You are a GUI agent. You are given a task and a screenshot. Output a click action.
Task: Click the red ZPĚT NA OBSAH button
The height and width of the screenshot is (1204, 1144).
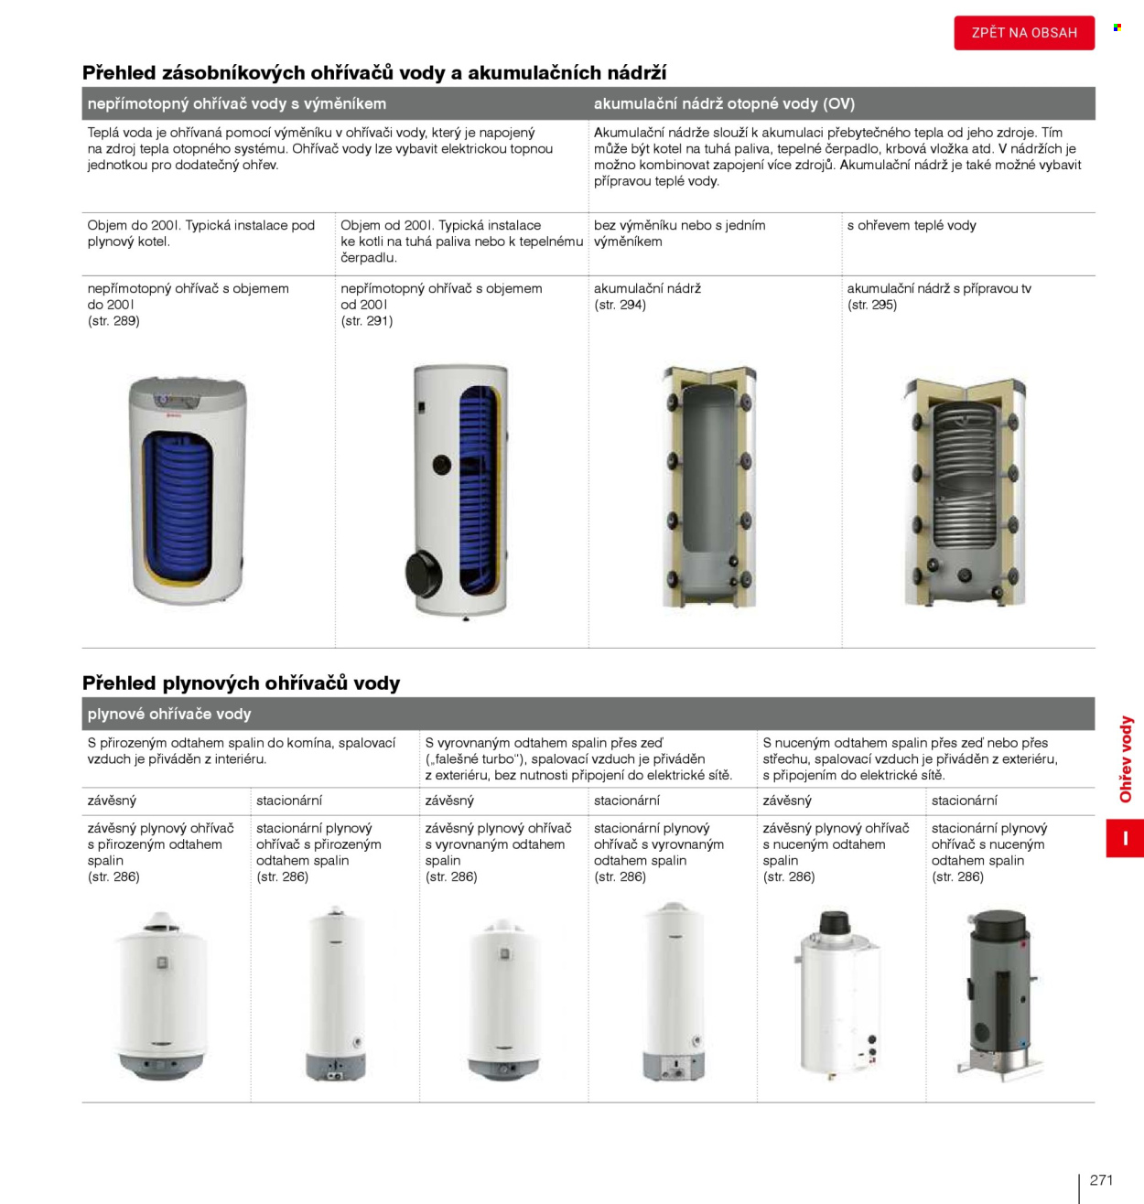tap(1024, 32)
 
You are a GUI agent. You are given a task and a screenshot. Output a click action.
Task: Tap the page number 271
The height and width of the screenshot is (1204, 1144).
tap(1100, 1179)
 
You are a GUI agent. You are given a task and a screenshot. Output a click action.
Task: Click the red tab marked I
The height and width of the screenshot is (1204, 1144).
tap(1125, 838)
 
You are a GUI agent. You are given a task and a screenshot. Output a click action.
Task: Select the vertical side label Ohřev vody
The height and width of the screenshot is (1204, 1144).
tap(1126, 758)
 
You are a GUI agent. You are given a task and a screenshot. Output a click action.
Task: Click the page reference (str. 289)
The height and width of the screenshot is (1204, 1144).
tap(113, 321)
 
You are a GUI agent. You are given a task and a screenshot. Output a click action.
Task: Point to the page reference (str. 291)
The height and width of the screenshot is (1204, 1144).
tap(366, 321)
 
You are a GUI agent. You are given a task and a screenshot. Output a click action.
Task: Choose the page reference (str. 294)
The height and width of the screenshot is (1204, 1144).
tap(620, 305)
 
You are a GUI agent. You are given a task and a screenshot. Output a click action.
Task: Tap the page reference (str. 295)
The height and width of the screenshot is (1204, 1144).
tap(872, 305)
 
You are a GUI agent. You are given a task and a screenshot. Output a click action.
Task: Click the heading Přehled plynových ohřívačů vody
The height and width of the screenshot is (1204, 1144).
tap(241, 683)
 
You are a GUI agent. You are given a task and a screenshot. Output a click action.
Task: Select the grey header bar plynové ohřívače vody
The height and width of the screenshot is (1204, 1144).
tap(588, 714)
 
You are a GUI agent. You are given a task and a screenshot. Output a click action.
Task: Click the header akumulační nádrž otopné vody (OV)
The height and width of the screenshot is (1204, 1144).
tap(724, 103)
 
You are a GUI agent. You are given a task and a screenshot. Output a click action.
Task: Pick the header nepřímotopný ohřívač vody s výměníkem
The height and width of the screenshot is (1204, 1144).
tap(236, 103)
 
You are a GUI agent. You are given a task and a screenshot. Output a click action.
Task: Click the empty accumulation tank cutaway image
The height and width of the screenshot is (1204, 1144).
tap(710, 488)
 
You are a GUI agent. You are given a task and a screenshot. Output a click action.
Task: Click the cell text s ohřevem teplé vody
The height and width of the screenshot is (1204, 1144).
tap(912, 225)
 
